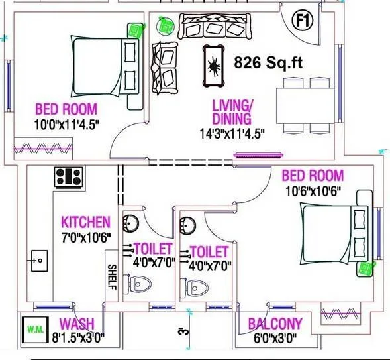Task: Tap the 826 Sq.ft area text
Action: click(x=269, y=63)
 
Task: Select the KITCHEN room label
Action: click(x=85, y=222)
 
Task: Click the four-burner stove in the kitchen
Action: click(x=68, y=176)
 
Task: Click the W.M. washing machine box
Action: click(x=33, y=328)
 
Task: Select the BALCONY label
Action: click(x=275, y=324)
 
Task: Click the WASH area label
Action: click(x=76, y=324)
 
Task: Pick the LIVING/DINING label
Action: click(x=231, y=112)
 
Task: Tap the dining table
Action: click(x=302, y=105)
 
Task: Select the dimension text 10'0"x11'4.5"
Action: click(x=66, y=123)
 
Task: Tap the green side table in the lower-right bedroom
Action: click(x=364, y=268)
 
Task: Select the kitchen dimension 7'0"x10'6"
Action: click(x=85, y=237)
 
